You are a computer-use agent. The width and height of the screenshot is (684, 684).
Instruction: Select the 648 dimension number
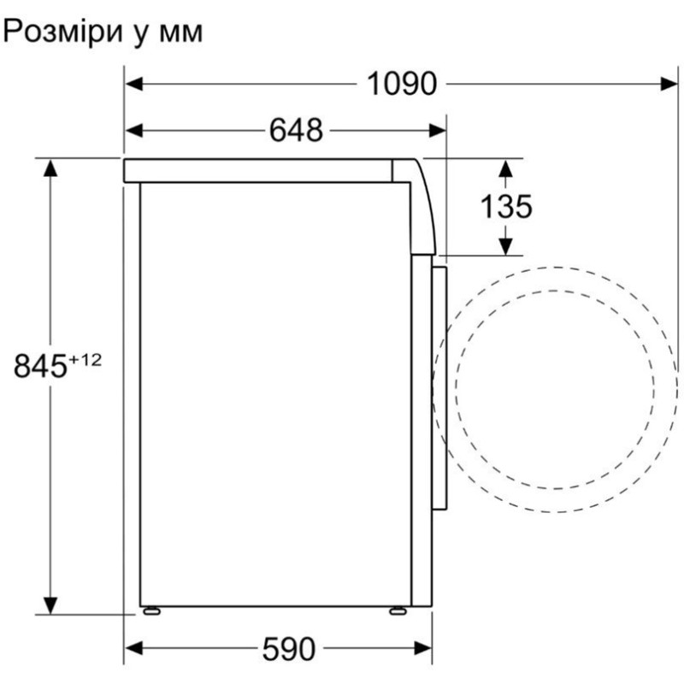[297, 131]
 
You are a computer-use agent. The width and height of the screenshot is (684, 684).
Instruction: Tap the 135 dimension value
[505, 206]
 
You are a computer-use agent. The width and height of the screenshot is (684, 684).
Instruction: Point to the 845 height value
[40, 366]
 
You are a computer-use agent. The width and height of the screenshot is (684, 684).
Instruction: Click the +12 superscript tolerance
[85, 360]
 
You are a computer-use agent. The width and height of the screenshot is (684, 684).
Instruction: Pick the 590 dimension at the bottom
[288, 649]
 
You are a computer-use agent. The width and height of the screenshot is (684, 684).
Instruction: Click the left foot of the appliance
[152, 611]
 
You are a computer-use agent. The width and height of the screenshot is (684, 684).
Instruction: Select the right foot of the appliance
[398, 611]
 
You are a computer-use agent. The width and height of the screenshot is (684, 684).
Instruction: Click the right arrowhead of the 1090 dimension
[667, 84]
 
